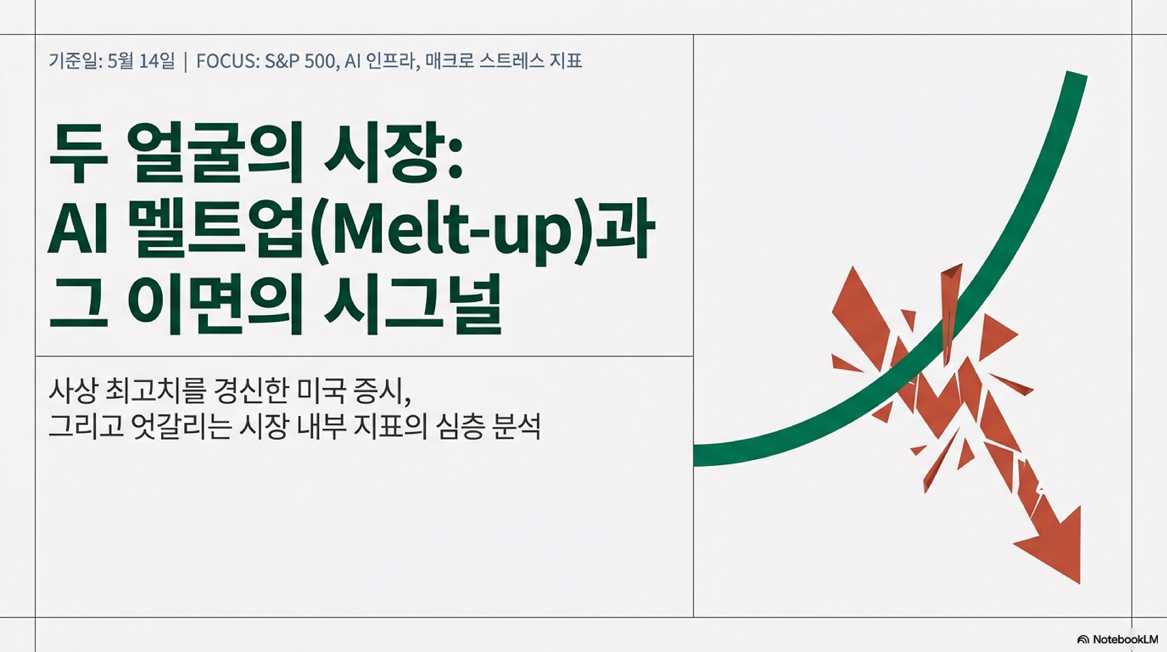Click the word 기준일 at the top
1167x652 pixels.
pos(74,61)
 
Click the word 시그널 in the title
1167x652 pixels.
pos(413,303)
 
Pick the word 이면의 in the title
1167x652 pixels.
pos(215,303)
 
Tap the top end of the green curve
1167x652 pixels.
pos(1076,74)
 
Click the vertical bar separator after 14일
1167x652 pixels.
pos(185,61)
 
